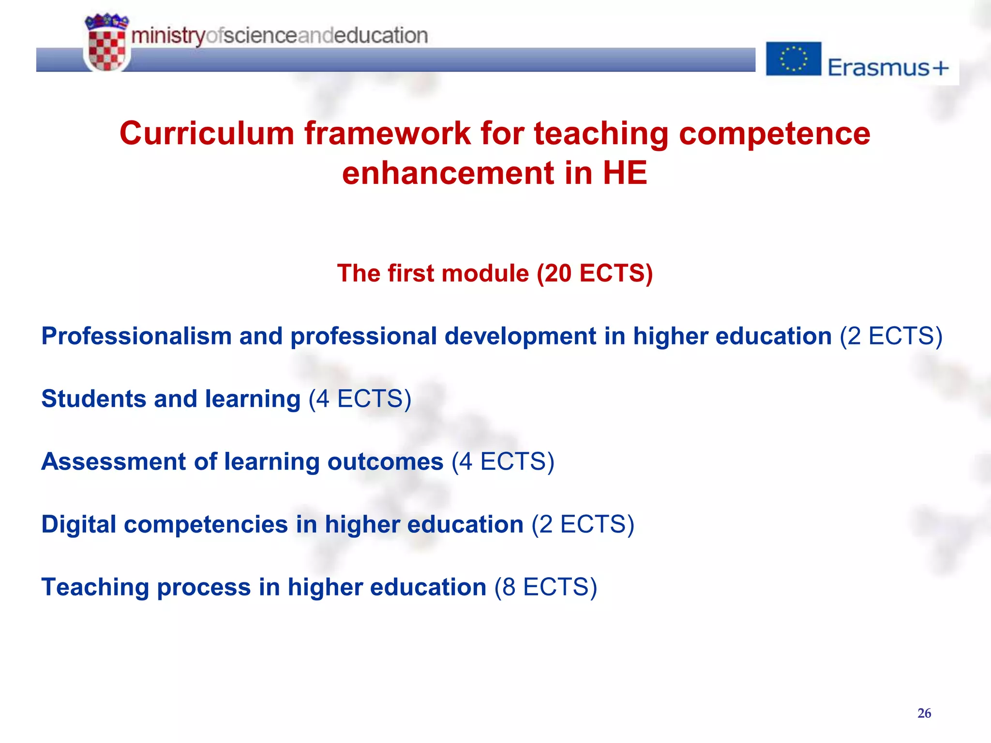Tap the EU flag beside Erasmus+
coord(793,59)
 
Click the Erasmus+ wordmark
coord(888,67)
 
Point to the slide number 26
coord(924,713)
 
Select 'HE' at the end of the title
coord(625,173)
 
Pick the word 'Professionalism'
coord(136,336)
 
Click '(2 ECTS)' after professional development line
coord(891,336)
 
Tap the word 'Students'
coord(93,399)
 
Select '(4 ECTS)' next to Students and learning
coord(360,399)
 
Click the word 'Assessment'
coord(113,461)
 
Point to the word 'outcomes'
coord(385,461)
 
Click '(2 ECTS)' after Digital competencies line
coord(583,524)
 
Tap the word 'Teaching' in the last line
coord(95,587)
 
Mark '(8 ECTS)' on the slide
coord(545,587)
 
